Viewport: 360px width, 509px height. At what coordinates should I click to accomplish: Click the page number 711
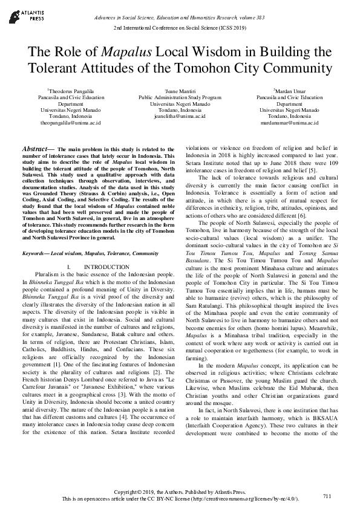(327, 496)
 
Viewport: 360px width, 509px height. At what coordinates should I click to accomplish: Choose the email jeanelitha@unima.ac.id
(180, 116)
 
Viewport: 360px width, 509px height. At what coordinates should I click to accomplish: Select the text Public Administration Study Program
(180, 97)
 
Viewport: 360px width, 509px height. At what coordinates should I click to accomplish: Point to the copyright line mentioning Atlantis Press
(180, 493)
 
